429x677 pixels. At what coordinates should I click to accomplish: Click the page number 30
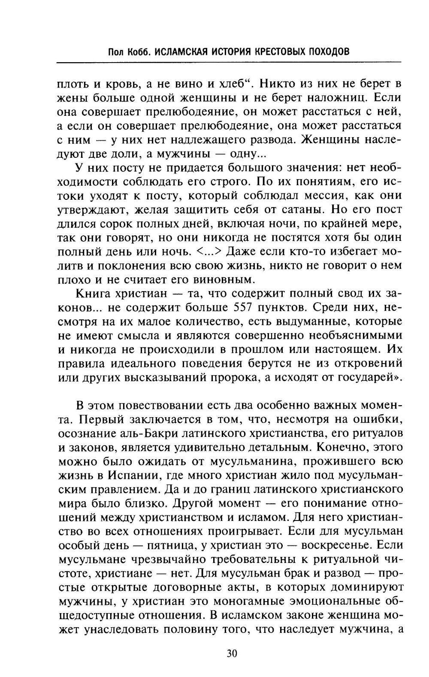pos(231,653)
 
